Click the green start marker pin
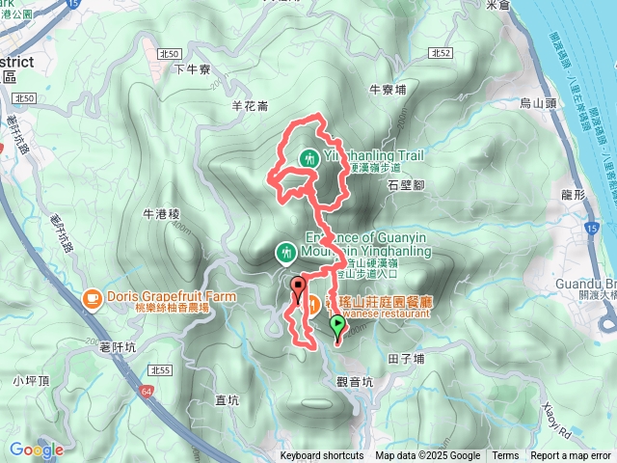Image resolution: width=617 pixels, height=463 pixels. tap(337, 328)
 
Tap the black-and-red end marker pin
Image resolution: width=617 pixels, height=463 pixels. tap(298, 286)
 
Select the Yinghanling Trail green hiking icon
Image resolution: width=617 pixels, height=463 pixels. tap(308, 157)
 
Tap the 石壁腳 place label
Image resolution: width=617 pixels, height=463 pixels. tap(406, 183)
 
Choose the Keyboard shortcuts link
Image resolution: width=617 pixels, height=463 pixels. tap(322, 456)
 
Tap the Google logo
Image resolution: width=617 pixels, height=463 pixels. tap(37, 449)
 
